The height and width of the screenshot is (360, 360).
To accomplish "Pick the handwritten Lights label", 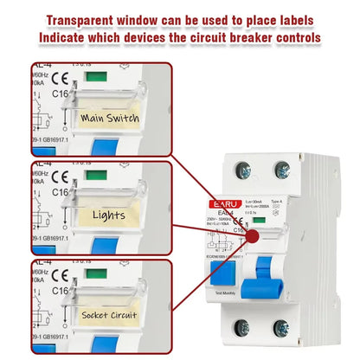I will [x=107, y=215].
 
